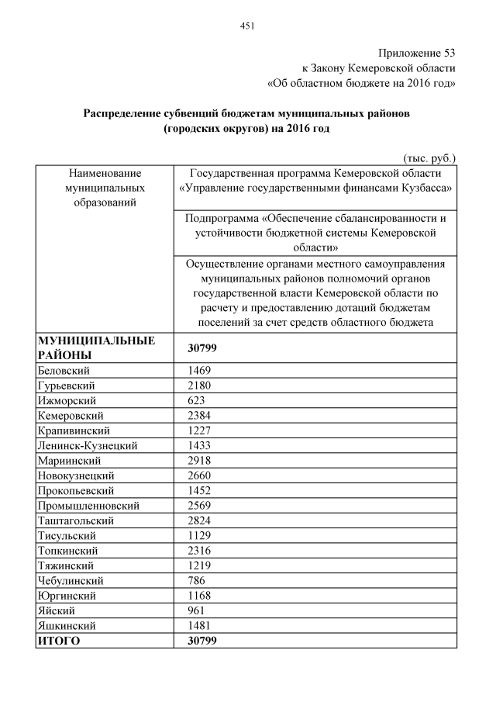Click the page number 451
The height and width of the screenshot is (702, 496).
247,26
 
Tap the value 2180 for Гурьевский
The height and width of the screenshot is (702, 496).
200,386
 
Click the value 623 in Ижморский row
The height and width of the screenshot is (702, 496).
197,401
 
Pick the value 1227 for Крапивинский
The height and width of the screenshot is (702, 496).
200,431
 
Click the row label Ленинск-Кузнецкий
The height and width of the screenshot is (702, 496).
87,446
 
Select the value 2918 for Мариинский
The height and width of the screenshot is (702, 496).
200,461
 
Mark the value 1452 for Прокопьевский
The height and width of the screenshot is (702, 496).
200,491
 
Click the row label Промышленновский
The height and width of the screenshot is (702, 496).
88,506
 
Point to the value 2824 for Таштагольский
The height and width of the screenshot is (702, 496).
200,521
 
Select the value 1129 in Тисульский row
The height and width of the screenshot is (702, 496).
200,536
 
